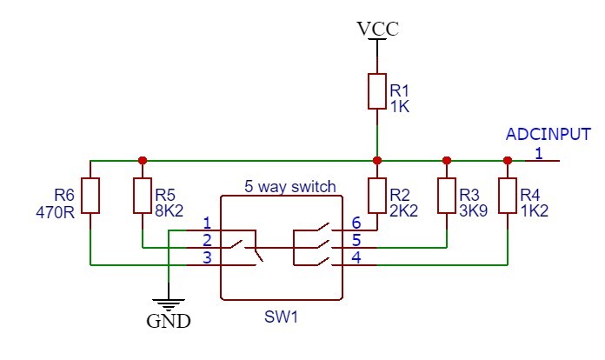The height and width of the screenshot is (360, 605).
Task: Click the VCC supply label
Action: (x=377, y=29)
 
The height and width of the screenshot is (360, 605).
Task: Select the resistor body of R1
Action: (x=376, y=91)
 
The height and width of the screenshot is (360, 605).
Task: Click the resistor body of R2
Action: (x=376, y=196)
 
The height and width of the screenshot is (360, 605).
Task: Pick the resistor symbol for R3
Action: (x=446, y=196)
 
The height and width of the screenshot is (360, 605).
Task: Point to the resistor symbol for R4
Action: (x=507, y=196)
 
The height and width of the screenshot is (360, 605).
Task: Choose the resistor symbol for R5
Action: (x=142, y=196)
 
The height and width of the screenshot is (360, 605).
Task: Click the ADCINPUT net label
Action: (x=548, y=135)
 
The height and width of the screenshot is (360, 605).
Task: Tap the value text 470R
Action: (x=56, y=210)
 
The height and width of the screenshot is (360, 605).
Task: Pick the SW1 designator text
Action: (x=281, y=317)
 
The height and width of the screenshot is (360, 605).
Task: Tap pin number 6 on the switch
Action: (x=356, y=223)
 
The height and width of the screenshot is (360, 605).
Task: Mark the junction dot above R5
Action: (x=142, y=161)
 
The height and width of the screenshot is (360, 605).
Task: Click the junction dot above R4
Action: (x=507, y=161)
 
